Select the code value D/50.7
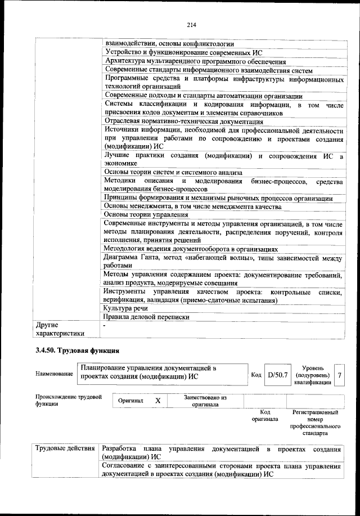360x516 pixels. pos(277,374)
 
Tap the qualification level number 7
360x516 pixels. pos(339,374)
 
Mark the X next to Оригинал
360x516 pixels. pos(158,400)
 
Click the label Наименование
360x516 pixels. pos(54,374)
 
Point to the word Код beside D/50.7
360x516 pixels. pos(255,374)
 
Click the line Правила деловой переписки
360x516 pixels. pos(146,317)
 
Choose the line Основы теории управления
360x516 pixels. pos(146,214)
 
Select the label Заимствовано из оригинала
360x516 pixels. pos(205,400)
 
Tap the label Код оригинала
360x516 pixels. pos(261,416)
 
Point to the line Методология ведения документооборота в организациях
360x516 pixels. pos(191,249)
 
